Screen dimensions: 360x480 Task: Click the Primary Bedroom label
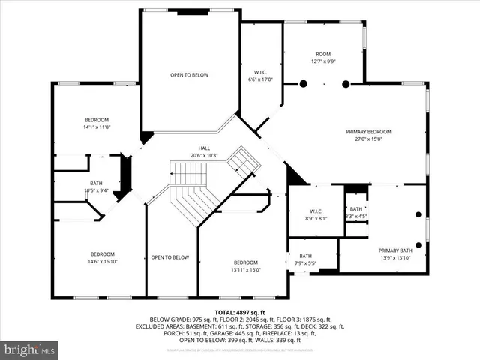click(x=368, y=135)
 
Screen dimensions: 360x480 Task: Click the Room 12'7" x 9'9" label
click(x=322, y=58)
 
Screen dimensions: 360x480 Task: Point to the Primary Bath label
click(x=394, y=254)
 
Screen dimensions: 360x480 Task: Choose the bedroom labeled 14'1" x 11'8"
click(x=96, y=124)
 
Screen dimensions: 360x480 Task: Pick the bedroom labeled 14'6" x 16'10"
click(x=103, y=257)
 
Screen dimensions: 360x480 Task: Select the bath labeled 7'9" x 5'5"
click(x=305, y=259)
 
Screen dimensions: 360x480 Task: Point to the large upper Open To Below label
click(x=189, y=75)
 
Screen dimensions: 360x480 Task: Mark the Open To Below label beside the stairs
click(x=169, y=257)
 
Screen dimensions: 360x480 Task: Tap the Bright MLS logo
click(x=30, y=349)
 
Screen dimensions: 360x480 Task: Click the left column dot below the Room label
click(x=303, y=84)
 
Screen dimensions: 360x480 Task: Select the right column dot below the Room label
click(x=345, y=84)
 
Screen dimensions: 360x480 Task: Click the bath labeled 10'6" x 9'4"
click(x=96, y=187)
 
